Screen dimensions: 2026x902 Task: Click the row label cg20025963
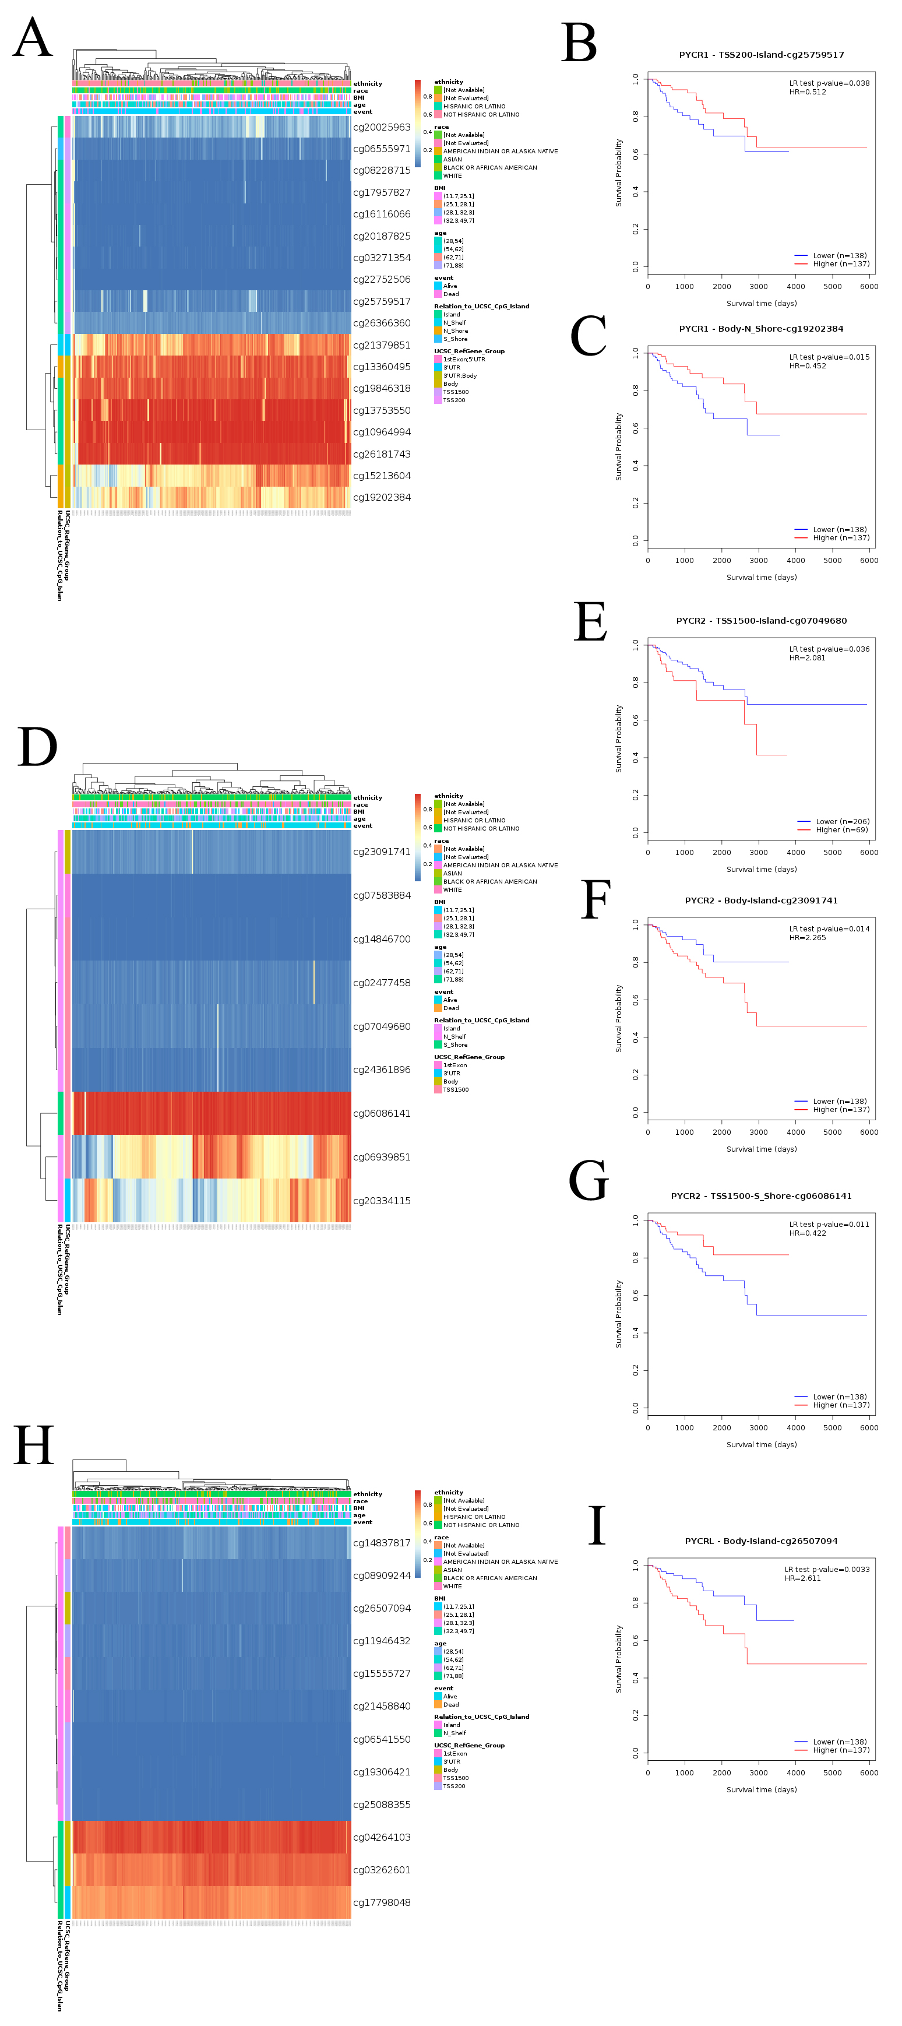382,128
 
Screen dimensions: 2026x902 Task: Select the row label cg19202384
382,497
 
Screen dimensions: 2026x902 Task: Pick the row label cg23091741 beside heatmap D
382,852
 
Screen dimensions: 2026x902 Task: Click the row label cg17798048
382,1902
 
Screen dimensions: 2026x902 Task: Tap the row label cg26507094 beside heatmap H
382,1608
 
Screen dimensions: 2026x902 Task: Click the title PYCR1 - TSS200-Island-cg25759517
761,55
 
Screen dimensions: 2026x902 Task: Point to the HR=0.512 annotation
808,92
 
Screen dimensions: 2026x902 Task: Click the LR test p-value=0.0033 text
826,1569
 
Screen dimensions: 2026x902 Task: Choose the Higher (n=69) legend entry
841,830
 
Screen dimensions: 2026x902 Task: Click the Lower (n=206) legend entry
841,822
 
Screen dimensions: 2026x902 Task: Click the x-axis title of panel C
761,577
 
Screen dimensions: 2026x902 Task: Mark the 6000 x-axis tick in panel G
869,1427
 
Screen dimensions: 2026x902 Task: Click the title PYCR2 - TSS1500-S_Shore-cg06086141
761,1196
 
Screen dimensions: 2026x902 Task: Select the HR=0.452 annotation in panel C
808,365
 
